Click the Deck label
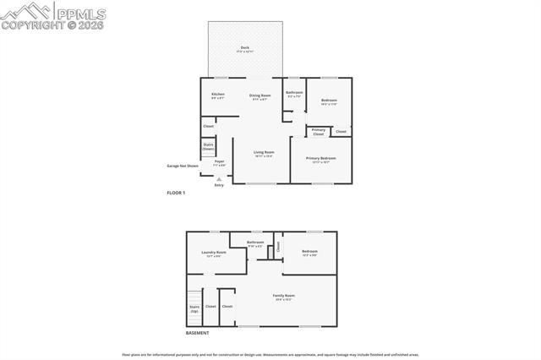245,48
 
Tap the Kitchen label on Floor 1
218,95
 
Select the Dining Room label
260,96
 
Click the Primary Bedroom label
321,159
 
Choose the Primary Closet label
319,131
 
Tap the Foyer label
219,161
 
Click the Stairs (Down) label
208,146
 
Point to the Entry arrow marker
219,179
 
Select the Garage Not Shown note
183,166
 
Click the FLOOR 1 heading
176,194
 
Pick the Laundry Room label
214,253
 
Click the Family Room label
284,296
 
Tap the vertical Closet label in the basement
277,247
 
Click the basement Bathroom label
255,243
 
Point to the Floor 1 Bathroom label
294,93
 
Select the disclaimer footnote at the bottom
270,355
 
